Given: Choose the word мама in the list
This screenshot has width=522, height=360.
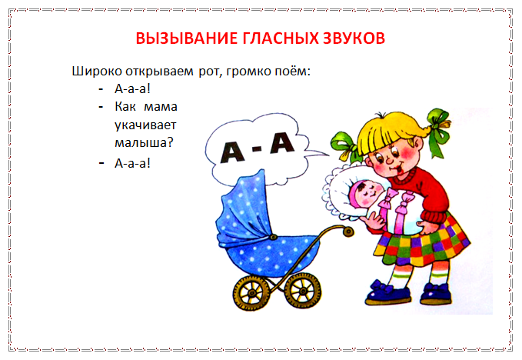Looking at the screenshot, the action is coord(161,107).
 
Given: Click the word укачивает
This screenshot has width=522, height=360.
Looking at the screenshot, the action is coord(145,125).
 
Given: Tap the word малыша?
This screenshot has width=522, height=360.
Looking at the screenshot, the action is coord(145,143).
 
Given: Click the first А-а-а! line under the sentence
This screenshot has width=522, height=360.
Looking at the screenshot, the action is coord(132,89).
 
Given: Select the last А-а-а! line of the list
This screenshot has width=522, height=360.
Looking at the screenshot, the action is coord(132,163).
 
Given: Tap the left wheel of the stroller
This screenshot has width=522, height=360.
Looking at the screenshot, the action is coord(251,293).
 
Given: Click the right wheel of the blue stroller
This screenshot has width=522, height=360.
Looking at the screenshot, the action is coord(303,291).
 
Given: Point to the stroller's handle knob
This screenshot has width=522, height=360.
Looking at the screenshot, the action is coord(348,232).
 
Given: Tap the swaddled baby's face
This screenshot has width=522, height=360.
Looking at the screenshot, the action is coord(369,194).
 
